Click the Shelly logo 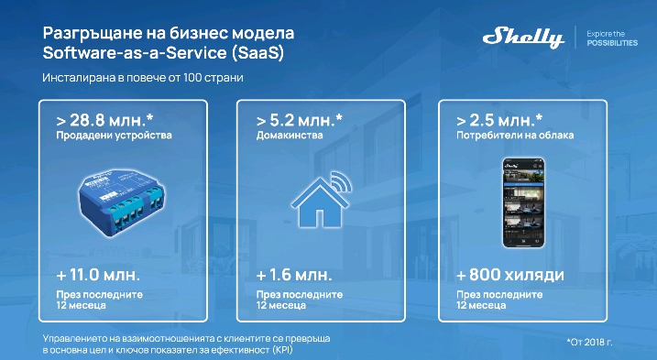[x=522, y=38]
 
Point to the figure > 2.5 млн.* [x=498, y=119]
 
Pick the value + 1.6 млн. [x=293, y=276]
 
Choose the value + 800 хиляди [x=509, y=276]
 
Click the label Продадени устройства [x=106, y=136]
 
